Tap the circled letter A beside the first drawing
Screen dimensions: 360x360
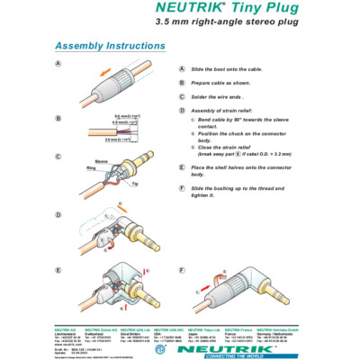pos(58,65)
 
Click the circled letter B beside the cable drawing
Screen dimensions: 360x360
pos(58,118)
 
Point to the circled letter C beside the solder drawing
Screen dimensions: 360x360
pos(58,156)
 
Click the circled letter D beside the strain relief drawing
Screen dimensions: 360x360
pos(58,216)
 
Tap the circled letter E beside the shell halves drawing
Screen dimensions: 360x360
pos(58,270)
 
